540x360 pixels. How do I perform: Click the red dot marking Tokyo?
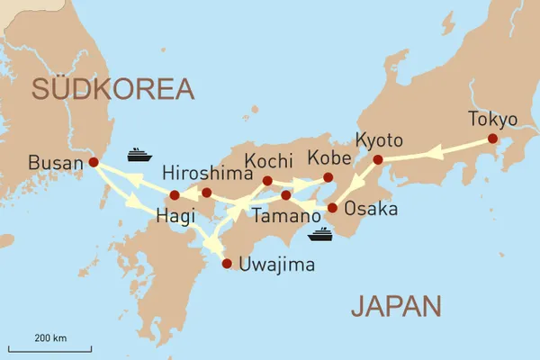(x=492, y=139)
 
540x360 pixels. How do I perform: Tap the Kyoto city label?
(x=379, y=140)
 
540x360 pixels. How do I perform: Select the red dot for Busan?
(x=94, y=163)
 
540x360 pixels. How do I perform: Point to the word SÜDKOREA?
(x=113, y=88)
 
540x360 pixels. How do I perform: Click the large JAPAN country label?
(x=396, y=306)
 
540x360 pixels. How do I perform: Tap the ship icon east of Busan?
(x=139, y=154)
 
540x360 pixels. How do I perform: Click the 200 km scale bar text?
(x=50, y=337)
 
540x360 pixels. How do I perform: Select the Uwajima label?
(x=279, y=265)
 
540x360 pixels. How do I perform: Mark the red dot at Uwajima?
(x=226, y=264)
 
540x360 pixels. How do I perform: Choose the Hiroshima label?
(x=204, y=173)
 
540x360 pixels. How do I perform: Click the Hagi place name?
(x=175, y=216)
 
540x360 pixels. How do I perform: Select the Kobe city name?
(x=328, y=157)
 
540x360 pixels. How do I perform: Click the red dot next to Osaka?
(x=332, y=208)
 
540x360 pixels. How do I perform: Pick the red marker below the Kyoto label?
(x=378, y=160)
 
